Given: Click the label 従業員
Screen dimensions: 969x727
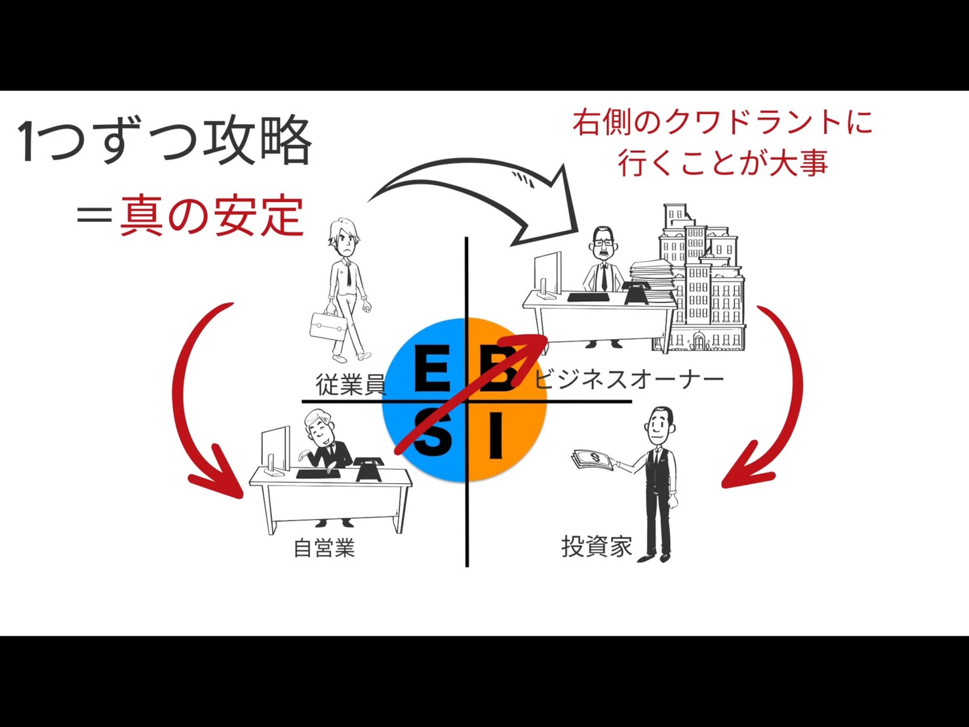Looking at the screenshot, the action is tap(351, 384).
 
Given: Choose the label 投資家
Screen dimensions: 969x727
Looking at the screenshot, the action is tap(597, 547).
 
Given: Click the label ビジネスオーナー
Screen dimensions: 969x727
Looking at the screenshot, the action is tap(629, 380).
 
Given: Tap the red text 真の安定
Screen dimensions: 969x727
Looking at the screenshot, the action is tap(212, 217).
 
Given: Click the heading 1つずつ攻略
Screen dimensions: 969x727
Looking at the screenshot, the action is tap(166, 141).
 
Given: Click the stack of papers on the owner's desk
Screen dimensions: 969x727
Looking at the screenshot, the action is tap(652, 274).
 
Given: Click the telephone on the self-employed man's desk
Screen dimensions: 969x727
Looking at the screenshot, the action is tap(369, 468).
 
